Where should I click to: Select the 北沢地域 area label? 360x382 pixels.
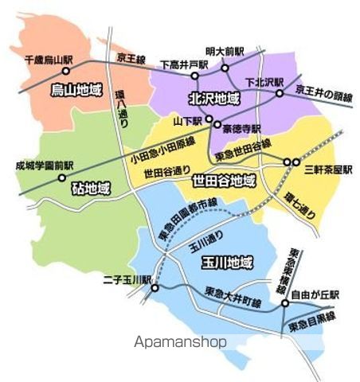[x=213, y=99]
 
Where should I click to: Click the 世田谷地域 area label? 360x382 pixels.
[x=225, y=180]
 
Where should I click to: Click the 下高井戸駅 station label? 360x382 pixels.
[x=184, y=64]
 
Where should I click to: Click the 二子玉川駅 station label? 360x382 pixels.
[x=127, y=279]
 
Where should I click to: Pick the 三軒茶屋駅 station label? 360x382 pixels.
[x=327, y=170]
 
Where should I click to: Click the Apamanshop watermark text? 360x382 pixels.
[x=180, y=341]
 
